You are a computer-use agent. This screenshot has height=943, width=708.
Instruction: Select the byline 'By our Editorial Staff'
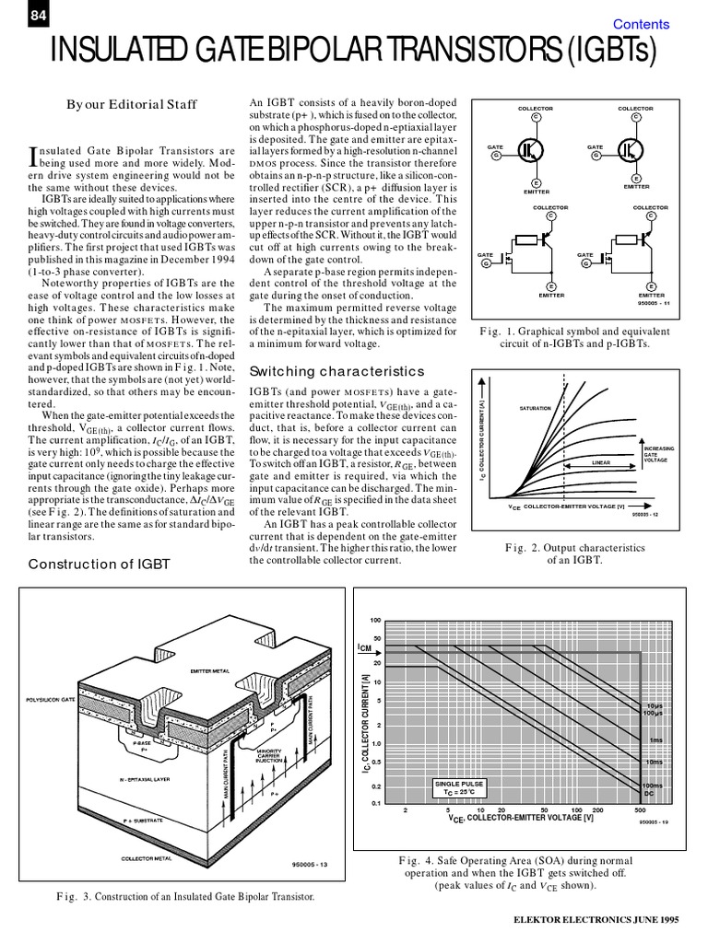tap(131, 105)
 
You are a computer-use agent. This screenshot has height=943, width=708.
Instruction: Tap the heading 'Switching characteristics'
tap(337, 371)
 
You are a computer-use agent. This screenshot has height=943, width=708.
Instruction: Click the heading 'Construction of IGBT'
tap(100, 564)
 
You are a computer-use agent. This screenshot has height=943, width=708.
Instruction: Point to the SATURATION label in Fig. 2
tap(536, 408)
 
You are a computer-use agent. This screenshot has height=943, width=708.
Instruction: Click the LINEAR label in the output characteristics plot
tap(601, 463)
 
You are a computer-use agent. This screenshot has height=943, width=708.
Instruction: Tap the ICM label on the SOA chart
tap(366, 648)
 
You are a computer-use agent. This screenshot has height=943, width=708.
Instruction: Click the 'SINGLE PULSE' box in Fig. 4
tap(458, 787)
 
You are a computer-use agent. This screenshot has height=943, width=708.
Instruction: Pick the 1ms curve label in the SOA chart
tap(655, 740)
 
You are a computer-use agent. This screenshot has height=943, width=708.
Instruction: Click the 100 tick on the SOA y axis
tap(375, 620)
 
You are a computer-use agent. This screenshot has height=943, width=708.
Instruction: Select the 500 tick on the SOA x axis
tap(640, 810)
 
